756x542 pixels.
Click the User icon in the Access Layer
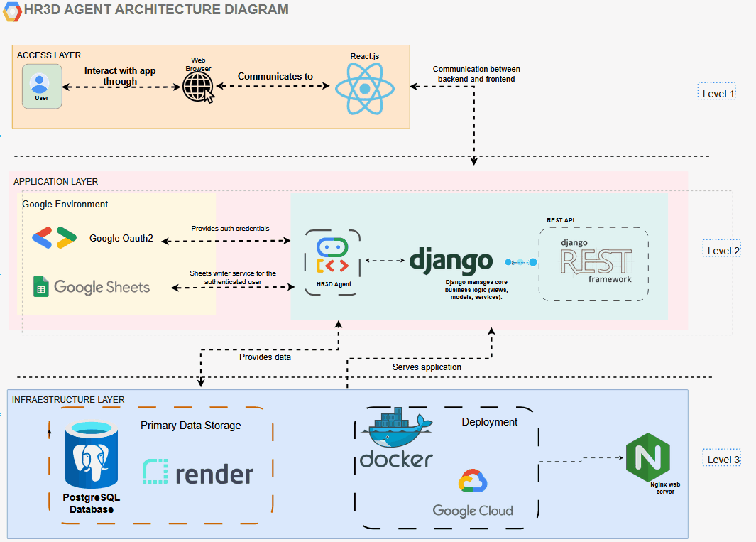pyautogui.click(x=41, y=86)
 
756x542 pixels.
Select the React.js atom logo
pyautogui.click(x=364, y=88)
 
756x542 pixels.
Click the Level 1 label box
pyautogui.click(x=716, y=94)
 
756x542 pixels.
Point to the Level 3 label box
pyautogui.click(x=722, y=460)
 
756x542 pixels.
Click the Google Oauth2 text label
pyautogui.click(x=121, y=238)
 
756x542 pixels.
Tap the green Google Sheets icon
pyautogui.click(x=40, y=287)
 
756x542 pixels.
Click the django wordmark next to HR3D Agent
pyautogui.click(x=451, y=260)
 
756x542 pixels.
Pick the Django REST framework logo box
pyautogui.click(x=593, y=264)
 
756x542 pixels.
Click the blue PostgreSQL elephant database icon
pyautogui.click(x=91, y=455)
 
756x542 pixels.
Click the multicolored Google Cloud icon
pyautogui.click(x=473, y=482)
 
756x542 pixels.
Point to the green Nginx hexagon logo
pyautogui.click(x=647, y=458)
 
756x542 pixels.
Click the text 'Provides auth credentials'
pyautogui.click(x=230, y=229)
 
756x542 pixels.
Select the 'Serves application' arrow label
pyautogui.click(x=427, y=367)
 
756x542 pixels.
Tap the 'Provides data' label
pyautogui.click(x=265, y=357)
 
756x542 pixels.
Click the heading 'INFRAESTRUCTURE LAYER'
pyautogui.click(x=68, y=400)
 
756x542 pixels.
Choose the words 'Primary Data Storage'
pyautogui.click(x=190, y=426)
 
